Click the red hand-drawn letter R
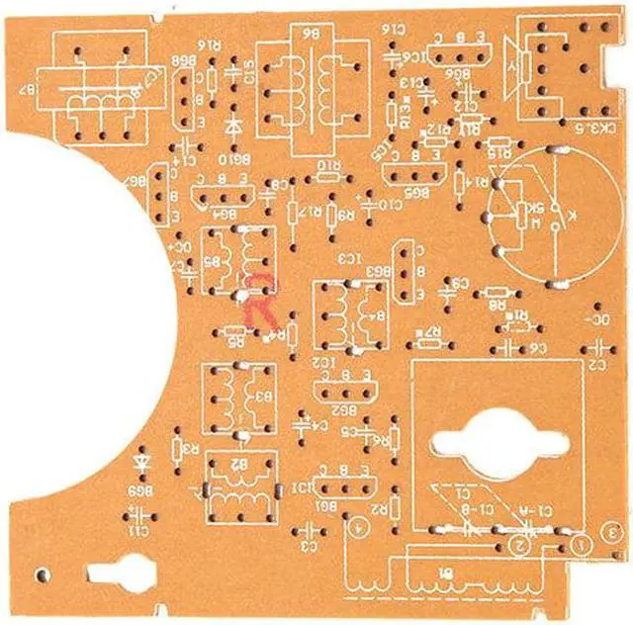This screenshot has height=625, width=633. [264, 297]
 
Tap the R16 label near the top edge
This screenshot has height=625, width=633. [209, 45]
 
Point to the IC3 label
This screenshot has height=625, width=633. [351, 259]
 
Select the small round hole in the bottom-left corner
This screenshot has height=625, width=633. [41, 573]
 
